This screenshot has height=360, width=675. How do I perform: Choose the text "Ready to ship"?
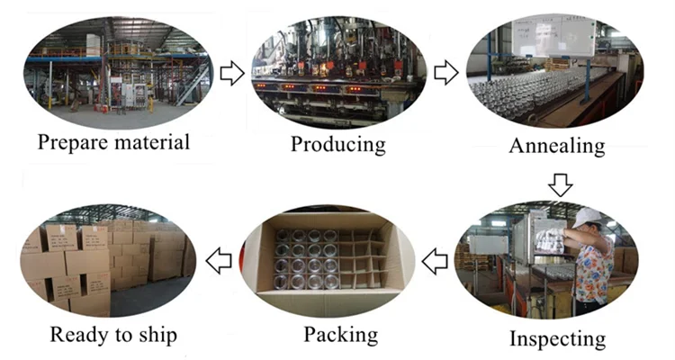tap(113, 336)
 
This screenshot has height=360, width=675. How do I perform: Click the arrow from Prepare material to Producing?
tap(232, 73)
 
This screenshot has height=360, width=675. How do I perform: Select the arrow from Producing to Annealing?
tap(446, 73)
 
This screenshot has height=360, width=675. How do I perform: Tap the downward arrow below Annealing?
tap(561, 185)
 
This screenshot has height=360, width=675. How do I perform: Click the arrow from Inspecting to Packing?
tap(436, 262)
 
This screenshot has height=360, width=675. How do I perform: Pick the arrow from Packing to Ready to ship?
tap(219, 262)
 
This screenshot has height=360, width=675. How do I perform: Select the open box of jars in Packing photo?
tap(333, 256)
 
